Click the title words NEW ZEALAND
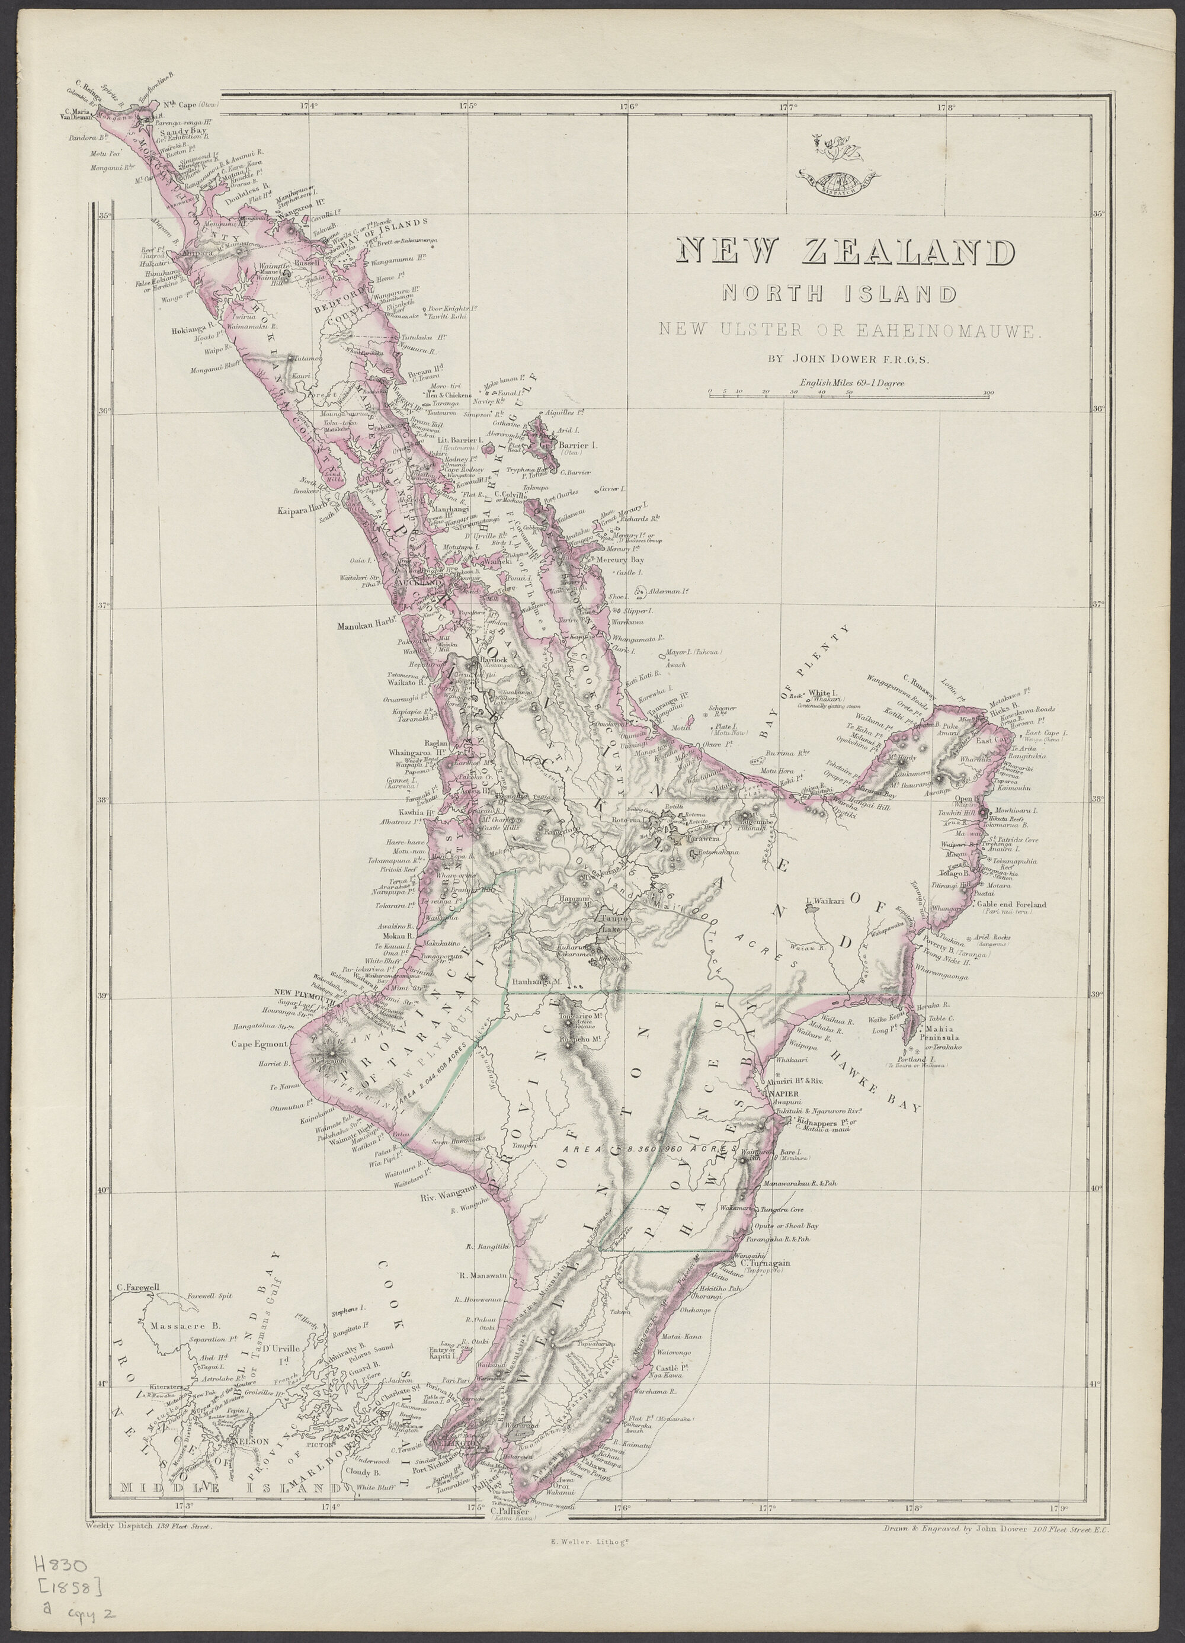[x=844, y=251]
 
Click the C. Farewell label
[x=137, y=1288]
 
